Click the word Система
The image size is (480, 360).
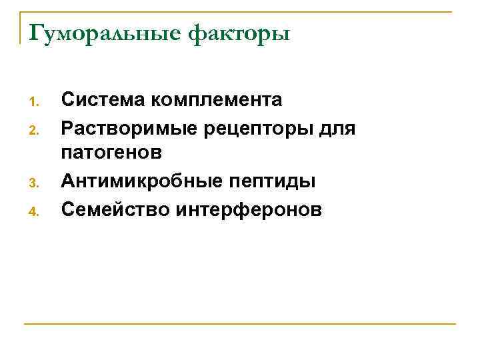[x=103, y=100]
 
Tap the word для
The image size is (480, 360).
[x=337, y=127]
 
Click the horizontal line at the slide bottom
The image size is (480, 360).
[x=240, y=325]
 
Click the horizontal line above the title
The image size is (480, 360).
[x=240, y=12]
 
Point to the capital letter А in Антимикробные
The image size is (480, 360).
[x=68, y=181]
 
